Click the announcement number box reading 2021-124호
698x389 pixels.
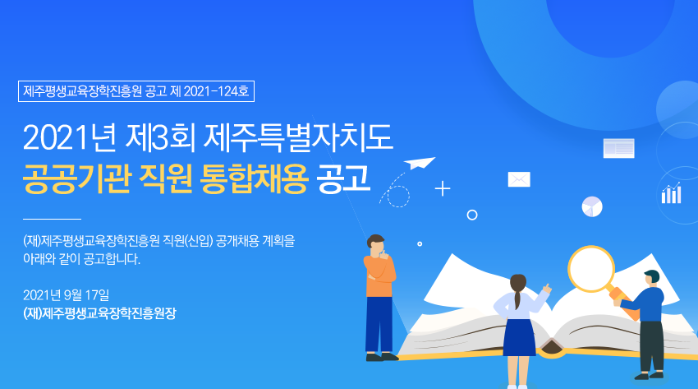(x=136, y=91)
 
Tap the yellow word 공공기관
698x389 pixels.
(x=76, y=179)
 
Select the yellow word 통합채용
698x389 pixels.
(x=255, y=179)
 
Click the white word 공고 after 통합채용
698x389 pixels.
(x=343, y=178)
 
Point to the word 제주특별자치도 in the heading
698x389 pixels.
(x=298, y=137)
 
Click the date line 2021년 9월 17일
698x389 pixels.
(x=66, y=295)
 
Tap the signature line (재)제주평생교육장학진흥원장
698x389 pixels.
(x=99, y=313)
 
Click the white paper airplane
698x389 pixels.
(x=419, y=163)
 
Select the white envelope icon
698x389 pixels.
(x=519, y=179)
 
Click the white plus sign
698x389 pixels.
(x=443, y=189)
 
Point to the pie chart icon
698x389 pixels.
(x=592, y=206)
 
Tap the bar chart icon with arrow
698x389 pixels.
(x=671, y=193)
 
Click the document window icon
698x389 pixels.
(x=619, y=148)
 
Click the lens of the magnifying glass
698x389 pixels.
(x=591, y=269)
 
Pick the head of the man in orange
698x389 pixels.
(x=376, y=244)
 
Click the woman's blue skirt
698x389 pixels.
(x=519, y=337)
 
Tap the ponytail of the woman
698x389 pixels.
(x=517, y=298)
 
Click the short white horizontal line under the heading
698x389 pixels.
(x=52, y=220)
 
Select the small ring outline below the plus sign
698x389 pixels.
(x=472, y=215)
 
